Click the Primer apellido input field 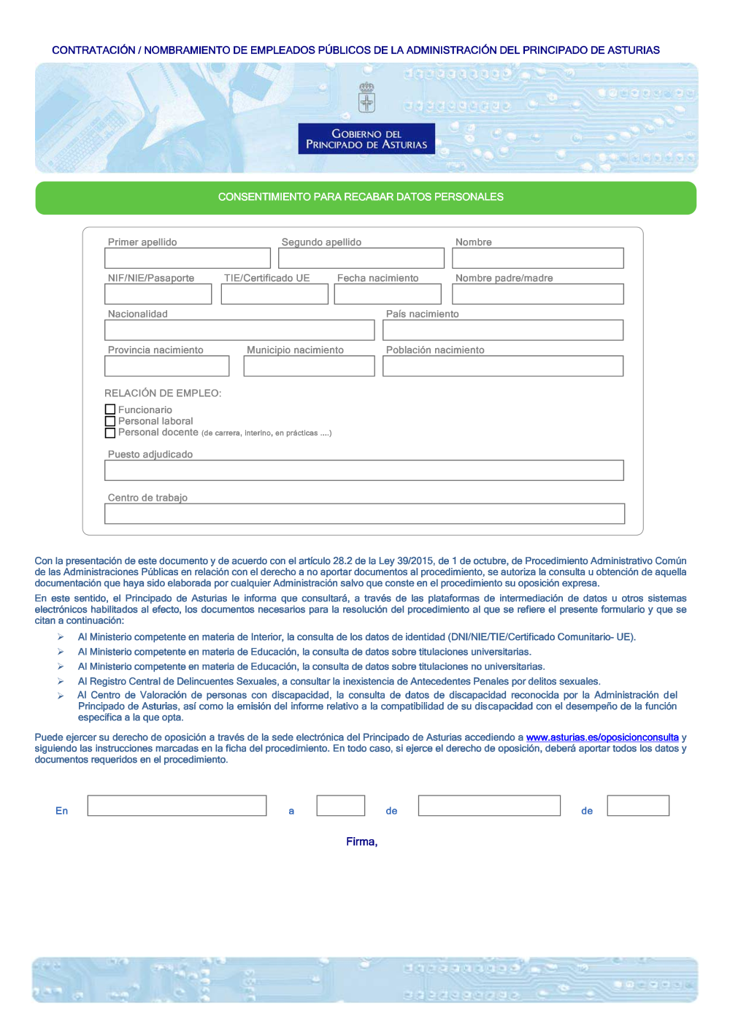pyautogui.click(x=188, y=258)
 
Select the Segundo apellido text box pyautogui.click(x=361, y=258)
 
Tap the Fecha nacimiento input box pyautogui.click(x=388, y=294)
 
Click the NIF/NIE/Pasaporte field pyautogui.click(x=158, y=294)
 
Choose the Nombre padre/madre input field pyautogui.click(x=538, y=294)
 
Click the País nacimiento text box pyautogui.click(x=503, y=330)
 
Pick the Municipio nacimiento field pyautogui.click(x=309, y=366)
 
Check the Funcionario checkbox pyautogui.click(x=110, y=409)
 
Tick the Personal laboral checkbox pyautogui.click(x=110, y=421)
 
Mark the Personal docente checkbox pyautogui.click(x=110, y=433)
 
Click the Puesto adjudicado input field pyautogui.click(x=364, y=470)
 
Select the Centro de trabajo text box pyautogui.click(x=364, y=514)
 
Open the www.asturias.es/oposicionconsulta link pyautogui.click(x=602, y=738)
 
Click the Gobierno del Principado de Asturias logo pyautogui.click(x=366, y=139)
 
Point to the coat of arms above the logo pyautogui.click(x=366, y=98)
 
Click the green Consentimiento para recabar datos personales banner pyautogui.click(x=366, y=198)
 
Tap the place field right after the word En pyautogui.click(x=177, y=806)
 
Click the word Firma pyautogui.click(x=361, y=842)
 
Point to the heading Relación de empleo pyautogui.click(x=163, y=393)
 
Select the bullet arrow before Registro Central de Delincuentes pyautogui.click(x=61, y=681)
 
